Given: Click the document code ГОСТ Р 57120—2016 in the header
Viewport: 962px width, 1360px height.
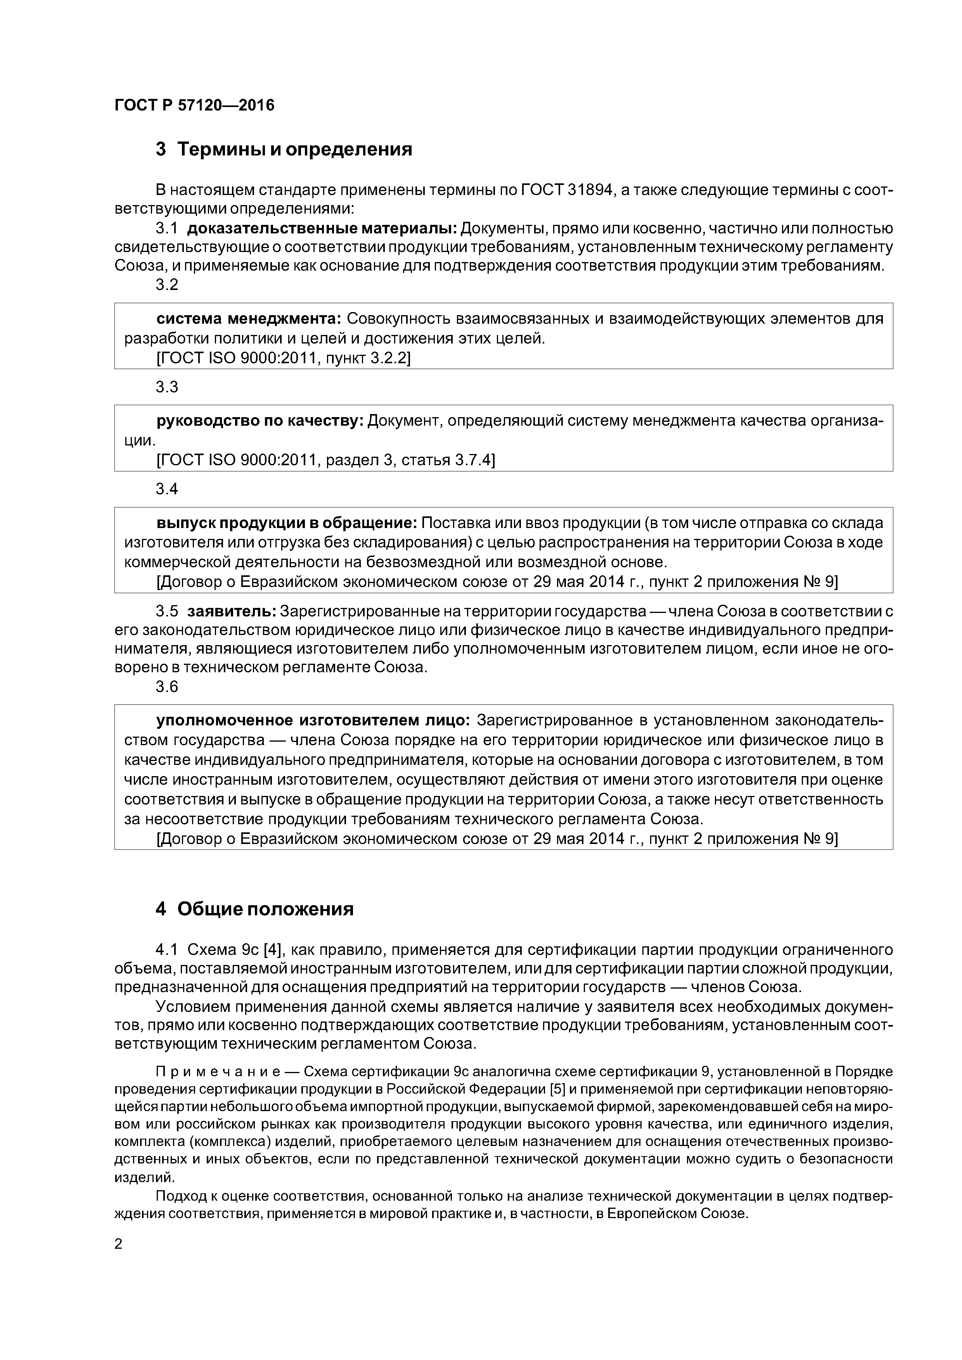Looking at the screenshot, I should [x=194, y=105].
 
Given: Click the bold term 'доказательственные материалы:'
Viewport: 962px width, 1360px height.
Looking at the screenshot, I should [x=322, y=228].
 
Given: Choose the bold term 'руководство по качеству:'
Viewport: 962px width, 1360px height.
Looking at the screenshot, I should [x=260, y=421].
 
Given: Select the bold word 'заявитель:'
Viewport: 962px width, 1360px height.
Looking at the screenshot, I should [x=232, y=611].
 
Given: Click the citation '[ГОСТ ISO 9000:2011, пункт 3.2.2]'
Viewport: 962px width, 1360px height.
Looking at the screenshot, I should [x=283, y=358].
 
